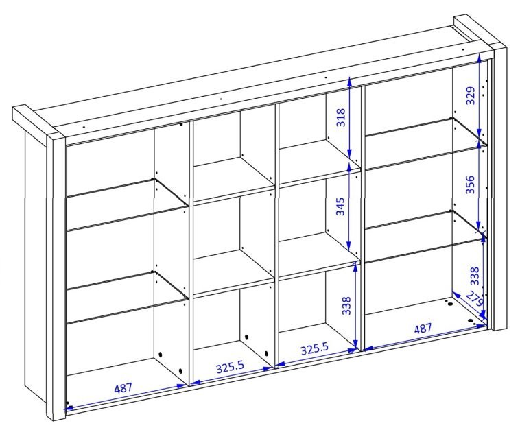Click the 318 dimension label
pos(340,117)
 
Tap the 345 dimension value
pos(340,206)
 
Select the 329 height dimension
pos(471,95)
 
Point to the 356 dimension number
pos(470,184)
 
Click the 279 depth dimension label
pos(475,300)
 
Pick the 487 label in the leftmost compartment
pos(123,388)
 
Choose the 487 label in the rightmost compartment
pos(423,329)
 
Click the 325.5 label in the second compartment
pos(230,368)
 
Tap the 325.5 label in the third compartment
pos(314,349)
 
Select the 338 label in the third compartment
pos(346,306)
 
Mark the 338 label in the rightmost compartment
pos(475,276)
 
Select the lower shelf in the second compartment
pos(234,272)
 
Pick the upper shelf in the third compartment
pos(320,161)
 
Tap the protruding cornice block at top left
pos(38,126)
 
